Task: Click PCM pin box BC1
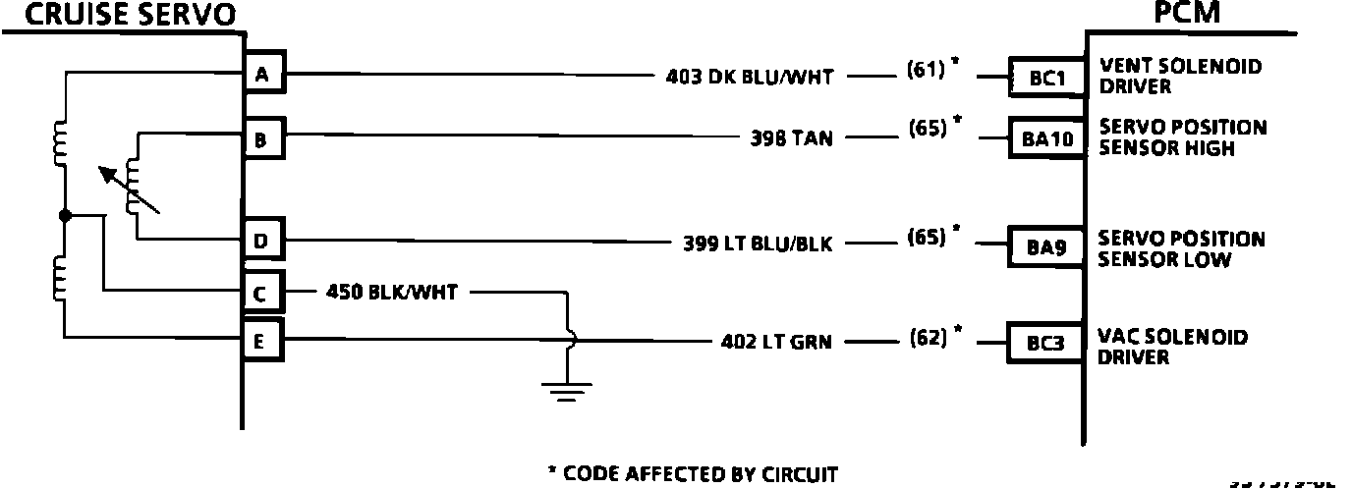[x=1046, y=76]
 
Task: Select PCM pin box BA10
[x=1046, y=139]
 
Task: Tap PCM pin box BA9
[x=1046, y=247]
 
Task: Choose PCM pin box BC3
[x=1046, y=345]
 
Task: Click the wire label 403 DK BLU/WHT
[x=749, y=76]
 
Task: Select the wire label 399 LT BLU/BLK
[x=758, y=244]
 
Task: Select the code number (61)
[x=927, y=69]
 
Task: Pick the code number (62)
[x=927, y=337]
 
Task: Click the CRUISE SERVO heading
[x=120, y=15]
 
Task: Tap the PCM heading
[x=1166, y=13]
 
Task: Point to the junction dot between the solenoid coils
[x=64, y=215]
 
